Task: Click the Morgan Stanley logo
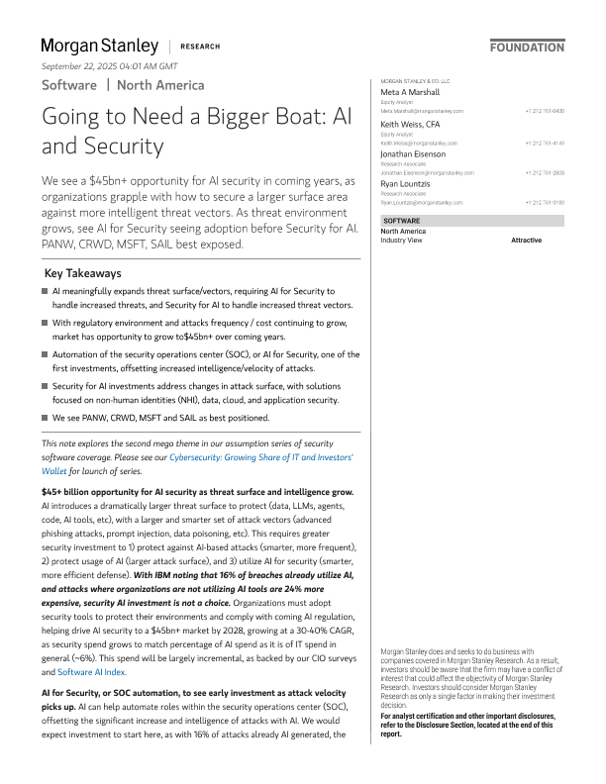[99, 46]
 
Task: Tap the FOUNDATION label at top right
[527, 47]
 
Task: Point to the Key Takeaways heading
[83, 273]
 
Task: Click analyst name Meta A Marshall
[411, 93]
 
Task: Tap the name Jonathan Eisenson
[413, 154]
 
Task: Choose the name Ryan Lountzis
[407, 184]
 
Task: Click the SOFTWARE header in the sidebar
[401, 221]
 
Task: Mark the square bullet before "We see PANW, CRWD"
[46, 417]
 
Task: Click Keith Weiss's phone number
[545, 142]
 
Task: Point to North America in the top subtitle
[160, 85]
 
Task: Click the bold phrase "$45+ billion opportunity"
[93, 492]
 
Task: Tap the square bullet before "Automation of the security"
[46, 353]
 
